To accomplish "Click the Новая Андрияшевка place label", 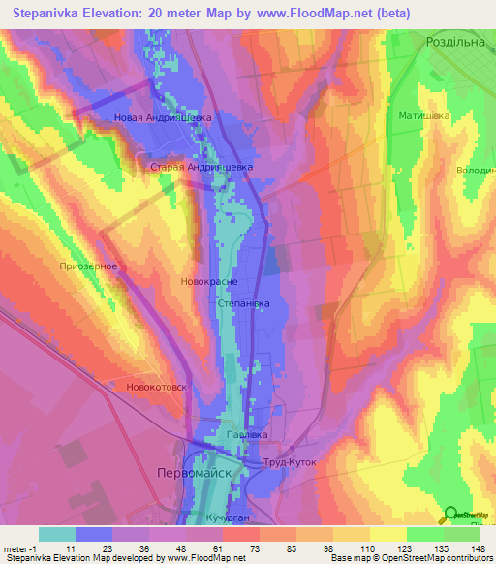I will coord(164,119).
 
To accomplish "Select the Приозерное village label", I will coord(88,266).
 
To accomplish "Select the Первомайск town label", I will coord(194,473).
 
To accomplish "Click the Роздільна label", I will coord(458,42).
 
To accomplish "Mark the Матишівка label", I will coord(424,116).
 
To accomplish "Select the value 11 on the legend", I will coord(71,548).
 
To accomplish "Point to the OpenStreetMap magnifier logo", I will coord(451,516).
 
